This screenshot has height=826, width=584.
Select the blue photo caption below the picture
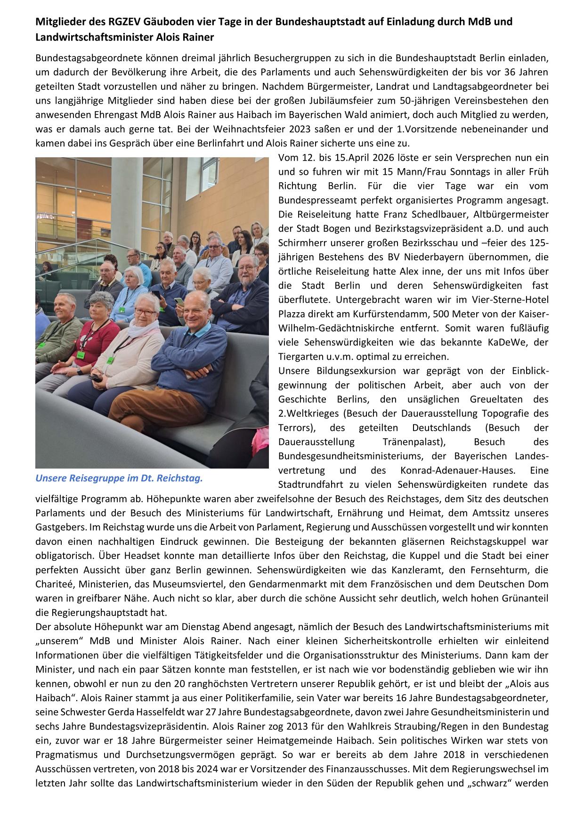tap(119, 478)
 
